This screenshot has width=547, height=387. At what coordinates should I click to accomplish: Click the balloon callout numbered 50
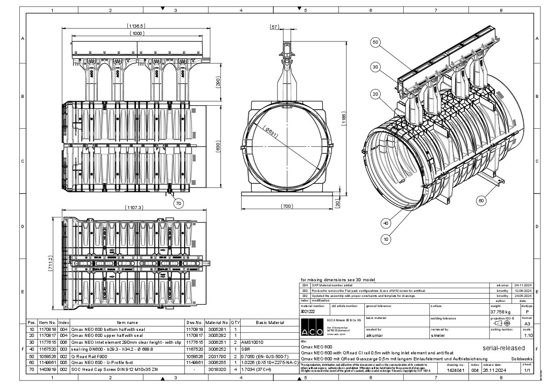(x=375, y=42)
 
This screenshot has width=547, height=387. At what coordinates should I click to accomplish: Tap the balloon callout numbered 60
(x=481, y=200)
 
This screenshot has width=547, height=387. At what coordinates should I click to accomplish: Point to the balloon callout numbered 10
(x=387, y=239)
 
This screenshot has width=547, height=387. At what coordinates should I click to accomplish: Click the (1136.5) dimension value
(x=136, y=26)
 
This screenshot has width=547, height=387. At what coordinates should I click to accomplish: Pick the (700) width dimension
(x=287, y=206)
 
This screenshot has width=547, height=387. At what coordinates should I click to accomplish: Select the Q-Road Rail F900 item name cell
(x=88, y=356)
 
